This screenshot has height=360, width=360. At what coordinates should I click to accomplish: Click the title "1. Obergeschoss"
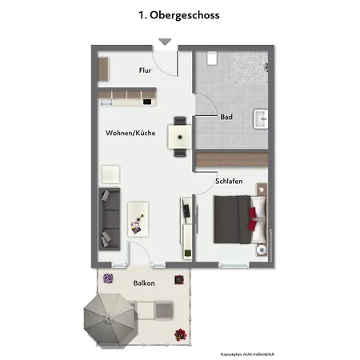[179, 14]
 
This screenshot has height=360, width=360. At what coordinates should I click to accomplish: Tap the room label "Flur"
[145, 70]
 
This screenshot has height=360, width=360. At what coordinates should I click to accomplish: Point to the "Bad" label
[226, 117]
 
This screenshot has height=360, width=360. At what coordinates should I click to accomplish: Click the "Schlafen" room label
[229, 181]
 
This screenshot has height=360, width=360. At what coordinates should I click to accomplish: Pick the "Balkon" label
[144, 283]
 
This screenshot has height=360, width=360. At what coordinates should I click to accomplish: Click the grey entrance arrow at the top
[165, 42]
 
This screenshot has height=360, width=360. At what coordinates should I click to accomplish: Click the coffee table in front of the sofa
[139, 216]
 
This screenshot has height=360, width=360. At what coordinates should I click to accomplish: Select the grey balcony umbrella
[106, 318]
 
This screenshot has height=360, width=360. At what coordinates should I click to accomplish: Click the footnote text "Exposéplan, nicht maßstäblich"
[247, 353]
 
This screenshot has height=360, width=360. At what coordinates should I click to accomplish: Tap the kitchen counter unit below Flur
[127, 98]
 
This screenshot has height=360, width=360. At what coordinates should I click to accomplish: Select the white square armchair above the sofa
[109, 173]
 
